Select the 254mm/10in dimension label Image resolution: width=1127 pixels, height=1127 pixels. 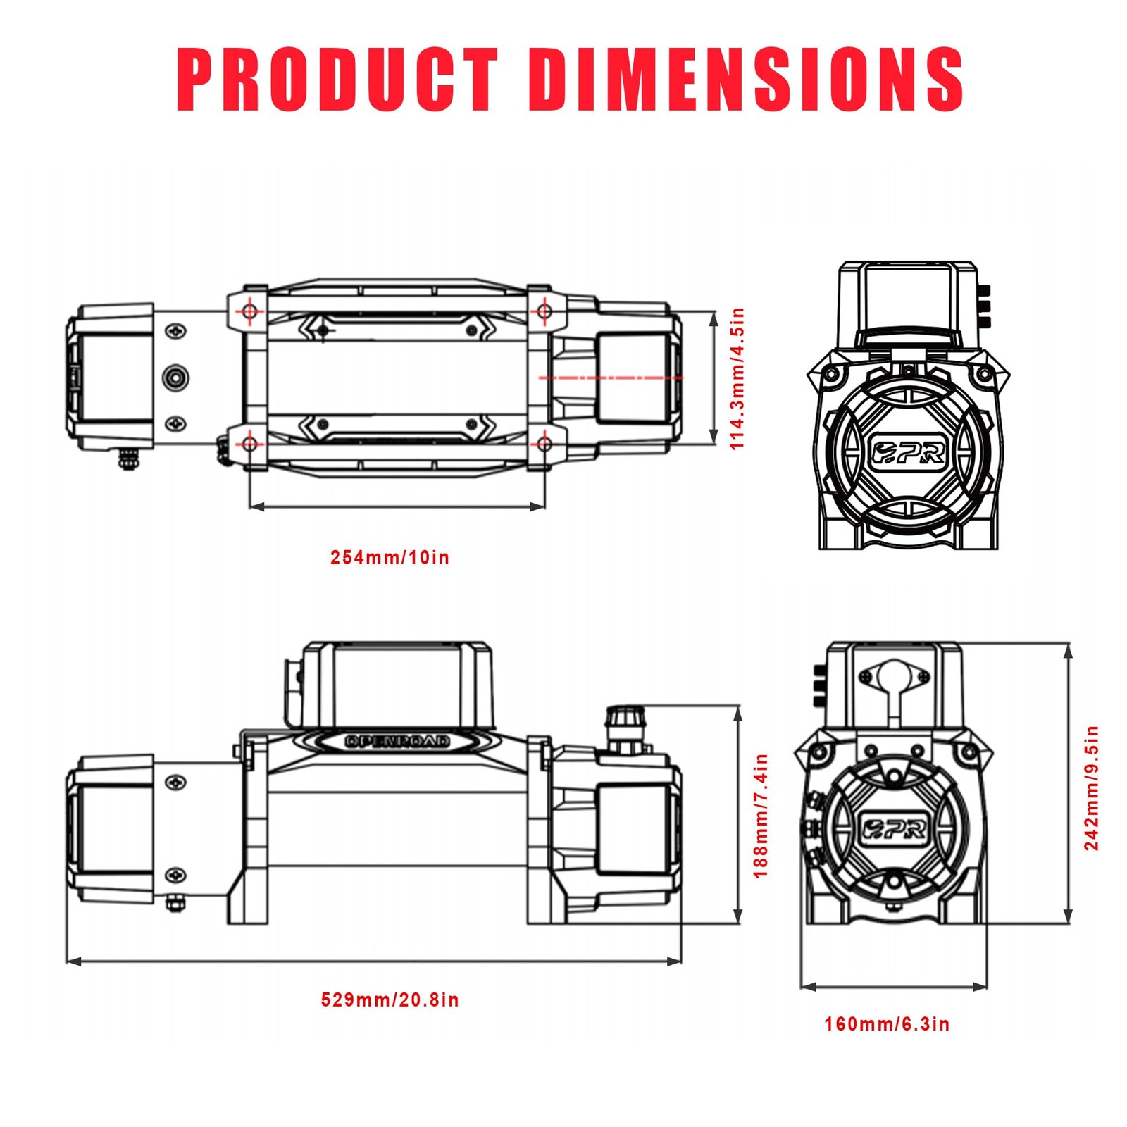pyautogui.click(x=390, y=558)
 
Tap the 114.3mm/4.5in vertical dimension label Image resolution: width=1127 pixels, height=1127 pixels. pyautogui.click(x=736, y=379)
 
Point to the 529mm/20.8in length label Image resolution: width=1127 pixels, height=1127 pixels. pyautogui.click(x=390, y=1000)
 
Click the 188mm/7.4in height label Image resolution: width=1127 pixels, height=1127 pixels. pyautogui.click(x=761, y=816)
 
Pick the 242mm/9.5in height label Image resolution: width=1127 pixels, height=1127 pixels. pyautogui.click(x=1091, y=787)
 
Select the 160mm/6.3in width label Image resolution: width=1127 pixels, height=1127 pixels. pyautogui.click(x=887, y=1024)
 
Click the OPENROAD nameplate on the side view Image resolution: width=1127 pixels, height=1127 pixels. pyautogui.click(x=397, y=741)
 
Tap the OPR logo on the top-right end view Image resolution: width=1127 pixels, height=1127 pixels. pyautogui.click(x=908, y=452)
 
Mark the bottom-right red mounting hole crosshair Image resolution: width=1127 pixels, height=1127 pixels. pyautogui.click(x=543, y=444)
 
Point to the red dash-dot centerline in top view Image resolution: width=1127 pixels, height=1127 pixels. pyautogui.click(x=610, y=378)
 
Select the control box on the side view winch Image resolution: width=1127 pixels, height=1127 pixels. pyautogui.click(x=398, y=685)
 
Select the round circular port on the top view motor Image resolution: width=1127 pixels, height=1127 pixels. pyautogui.click(x=175, y=378)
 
